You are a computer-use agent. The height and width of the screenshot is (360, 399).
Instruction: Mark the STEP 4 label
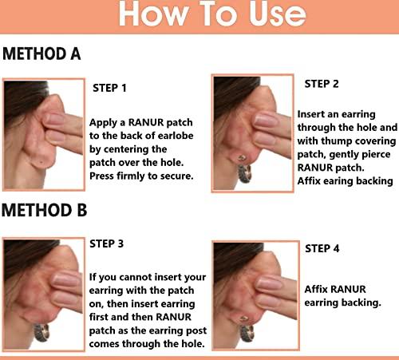322,249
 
